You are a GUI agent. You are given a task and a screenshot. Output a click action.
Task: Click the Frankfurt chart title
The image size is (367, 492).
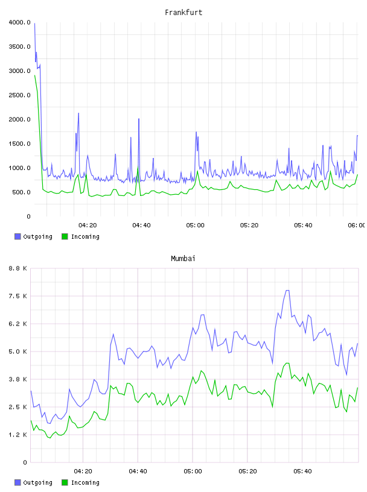(183, 13)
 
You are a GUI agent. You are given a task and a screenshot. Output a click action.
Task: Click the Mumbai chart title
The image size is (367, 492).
(183, 259)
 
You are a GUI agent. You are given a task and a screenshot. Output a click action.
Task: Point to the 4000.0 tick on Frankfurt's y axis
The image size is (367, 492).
(19, 22)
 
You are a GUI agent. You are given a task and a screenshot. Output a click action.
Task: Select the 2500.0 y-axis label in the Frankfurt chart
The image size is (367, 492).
(19, 95)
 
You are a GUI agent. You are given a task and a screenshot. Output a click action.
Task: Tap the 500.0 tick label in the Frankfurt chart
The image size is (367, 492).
(21, 192)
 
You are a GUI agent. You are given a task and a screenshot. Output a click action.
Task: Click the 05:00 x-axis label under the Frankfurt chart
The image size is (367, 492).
(195, 225)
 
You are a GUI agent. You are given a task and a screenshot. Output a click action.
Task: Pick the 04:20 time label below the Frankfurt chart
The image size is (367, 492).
(88, 225)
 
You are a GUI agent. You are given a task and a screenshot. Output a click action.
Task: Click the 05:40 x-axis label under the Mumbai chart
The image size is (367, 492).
(302, 471)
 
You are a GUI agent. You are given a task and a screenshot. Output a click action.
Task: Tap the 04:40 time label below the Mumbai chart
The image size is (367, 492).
(138, 471)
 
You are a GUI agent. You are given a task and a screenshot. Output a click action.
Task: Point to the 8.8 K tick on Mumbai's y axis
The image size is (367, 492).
(18, 268)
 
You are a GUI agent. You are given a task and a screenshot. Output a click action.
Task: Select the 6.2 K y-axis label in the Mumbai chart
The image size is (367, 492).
(18, 324)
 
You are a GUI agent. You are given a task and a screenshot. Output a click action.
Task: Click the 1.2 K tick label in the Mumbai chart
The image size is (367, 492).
(18, 435)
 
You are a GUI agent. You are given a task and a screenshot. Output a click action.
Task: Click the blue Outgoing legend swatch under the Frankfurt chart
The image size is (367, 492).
(18, 236)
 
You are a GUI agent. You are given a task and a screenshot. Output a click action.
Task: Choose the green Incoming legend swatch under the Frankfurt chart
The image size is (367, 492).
(65, 236)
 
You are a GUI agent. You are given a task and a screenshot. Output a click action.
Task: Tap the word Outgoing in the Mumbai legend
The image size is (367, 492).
(37, 483)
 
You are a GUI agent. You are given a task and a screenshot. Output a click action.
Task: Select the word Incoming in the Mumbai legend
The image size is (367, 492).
(85, 483)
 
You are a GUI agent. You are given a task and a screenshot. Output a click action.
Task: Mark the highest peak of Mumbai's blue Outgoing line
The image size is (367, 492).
(287, 291)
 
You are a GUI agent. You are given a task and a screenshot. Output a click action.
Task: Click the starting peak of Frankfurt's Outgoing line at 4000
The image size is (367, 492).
(34, 24)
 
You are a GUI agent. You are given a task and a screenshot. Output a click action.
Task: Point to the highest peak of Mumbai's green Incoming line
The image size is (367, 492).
(287, 364)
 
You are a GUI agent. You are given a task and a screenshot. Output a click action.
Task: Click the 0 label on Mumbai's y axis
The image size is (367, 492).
(25, 462)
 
